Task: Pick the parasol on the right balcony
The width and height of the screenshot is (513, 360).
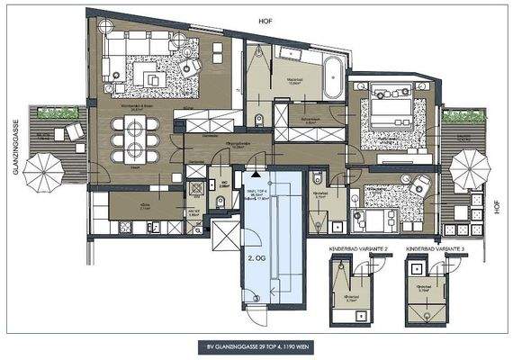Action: click(470, 166)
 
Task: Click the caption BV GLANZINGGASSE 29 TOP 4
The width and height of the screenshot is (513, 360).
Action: click(256, 346)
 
